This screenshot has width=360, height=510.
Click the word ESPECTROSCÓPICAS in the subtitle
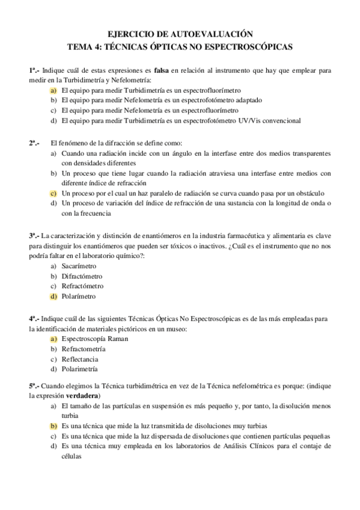[251, 46]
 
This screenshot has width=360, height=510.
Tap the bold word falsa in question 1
[162, 70]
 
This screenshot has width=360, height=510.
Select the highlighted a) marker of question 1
[53, 90]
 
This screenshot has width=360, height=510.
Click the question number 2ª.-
[34, 144]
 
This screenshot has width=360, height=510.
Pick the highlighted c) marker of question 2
[53, 193]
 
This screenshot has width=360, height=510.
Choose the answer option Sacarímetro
[79, 266]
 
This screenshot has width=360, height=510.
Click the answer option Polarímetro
[78, 296]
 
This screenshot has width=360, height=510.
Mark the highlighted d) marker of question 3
[53, 296]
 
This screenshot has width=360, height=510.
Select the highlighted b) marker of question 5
[53, 425]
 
